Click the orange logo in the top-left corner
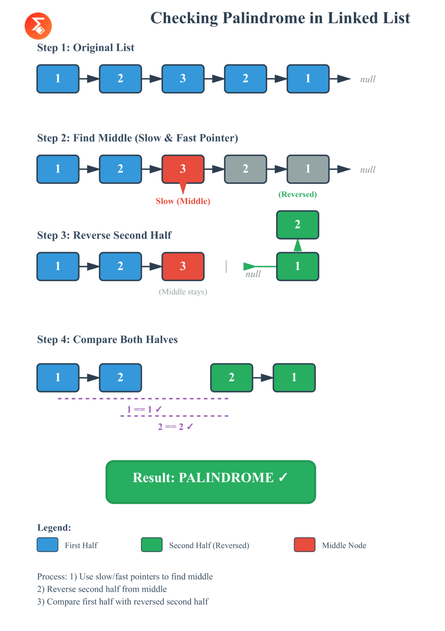(38, 26)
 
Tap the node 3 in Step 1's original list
(183, 78)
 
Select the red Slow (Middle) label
(183, 201)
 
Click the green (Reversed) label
(298, 194)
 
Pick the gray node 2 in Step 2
(245, 169)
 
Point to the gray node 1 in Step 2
(308, 169)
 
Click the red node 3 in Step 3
(183, 266)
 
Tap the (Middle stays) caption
(183, 292)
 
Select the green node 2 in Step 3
(298, 225)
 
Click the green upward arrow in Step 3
(298, 245)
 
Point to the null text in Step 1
(368, 79)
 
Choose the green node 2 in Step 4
(232, 378)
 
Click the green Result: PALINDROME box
(211, 481)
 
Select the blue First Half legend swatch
(48, 545)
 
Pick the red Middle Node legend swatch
(305, 545)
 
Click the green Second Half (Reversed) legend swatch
(151, 545)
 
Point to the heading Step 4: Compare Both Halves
(108, 340)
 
